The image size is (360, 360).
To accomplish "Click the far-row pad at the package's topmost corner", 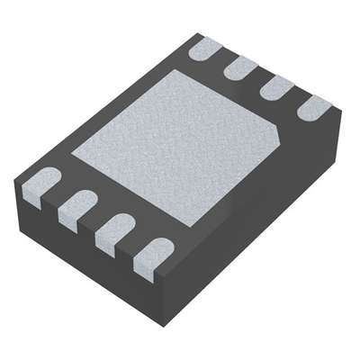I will [206, 47].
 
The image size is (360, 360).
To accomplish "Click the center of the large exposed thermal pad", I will [180, 144].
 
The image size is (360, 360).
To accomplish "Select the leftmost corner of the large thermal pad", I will [72, 157].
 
